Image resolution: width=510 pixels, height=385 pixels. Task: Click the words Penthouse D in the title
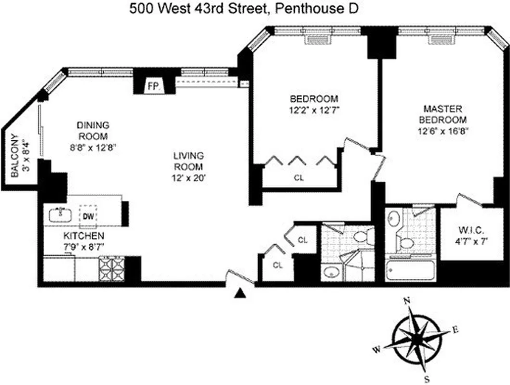[316, 9]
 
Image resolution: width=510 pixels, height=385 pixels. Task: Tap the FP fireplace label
[153, 87]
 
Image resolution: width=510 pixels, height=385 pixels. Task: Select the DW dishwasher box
[88, 216]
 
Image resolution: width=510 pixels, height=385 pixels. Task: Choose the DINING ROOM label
[92, 130]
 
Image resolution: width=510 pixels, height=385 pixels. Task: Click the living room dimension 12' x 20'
[189, 177]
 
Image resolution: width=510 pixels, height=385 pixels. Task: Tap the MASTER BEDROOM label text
[442, 114]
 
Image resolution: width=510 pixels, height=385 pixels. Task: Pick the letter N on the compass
[407, 301]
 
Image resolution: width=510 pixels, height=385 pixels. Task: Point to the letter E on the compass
[455, 330]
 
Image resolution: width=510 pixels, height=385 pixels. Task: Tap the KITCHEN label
[84, 236]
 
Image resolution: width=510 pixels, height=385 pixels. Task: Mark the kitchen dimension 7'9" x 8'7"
[84, 246]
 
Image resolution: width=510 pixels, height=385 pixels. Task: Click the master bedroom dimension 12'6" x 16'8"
[442, 130]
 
